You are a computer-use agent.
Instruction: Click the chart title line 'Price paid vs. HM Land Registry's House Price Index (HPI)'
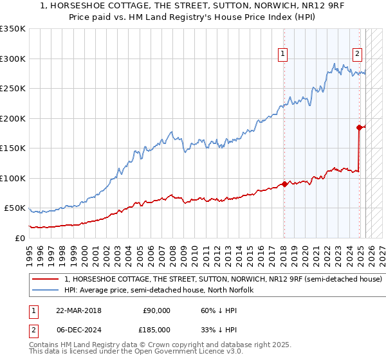click(193, 17)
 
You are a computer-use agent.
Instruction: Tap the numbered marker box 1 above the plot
click(284, 55)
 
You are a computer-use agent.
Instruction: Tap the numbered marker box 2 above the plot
click(358, 55)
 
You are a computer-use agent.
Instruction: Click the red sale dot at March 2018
click(284, 184)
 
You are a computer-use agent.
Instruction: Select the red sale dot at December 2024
click(360, 127)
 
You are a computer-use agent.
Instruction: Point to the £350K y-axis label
click(13, 29)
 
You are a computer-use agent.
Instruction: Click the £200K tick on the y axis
click(13, 118)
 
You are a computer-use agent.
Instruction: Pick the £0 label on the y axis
click(19, 238)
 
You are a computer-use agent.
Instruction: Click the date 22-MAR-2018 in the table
click(78, 310)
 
